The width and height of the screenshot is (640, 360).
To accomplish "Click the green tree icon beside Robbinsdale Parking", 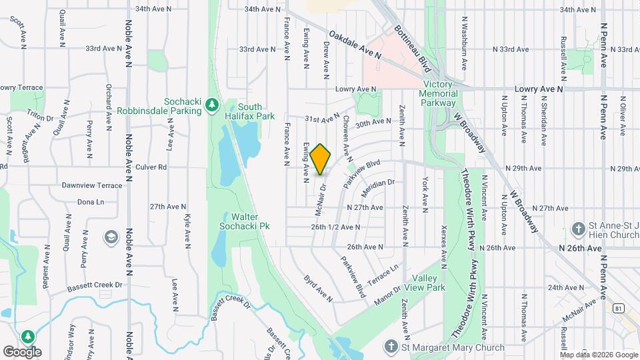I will click(x=212, y=105).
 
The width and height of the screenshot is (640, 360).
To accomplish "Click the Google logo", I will click(x=22, y=351).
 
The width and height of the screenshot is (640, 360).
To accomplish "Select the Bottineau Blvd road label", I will click(x=413, y=45).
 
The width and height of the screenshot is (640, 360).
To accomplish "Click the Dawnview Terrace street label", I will click(x=92, y=185).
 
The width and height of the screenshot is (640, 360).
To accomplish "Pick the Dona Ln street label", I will click(x=91, y=201).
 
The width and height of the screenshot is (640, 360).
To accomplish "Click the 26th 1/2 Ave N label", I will click(x=335, y=227).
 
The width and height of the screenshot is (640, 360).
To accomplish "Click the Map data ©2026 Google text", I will click(x=598, y=354).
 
